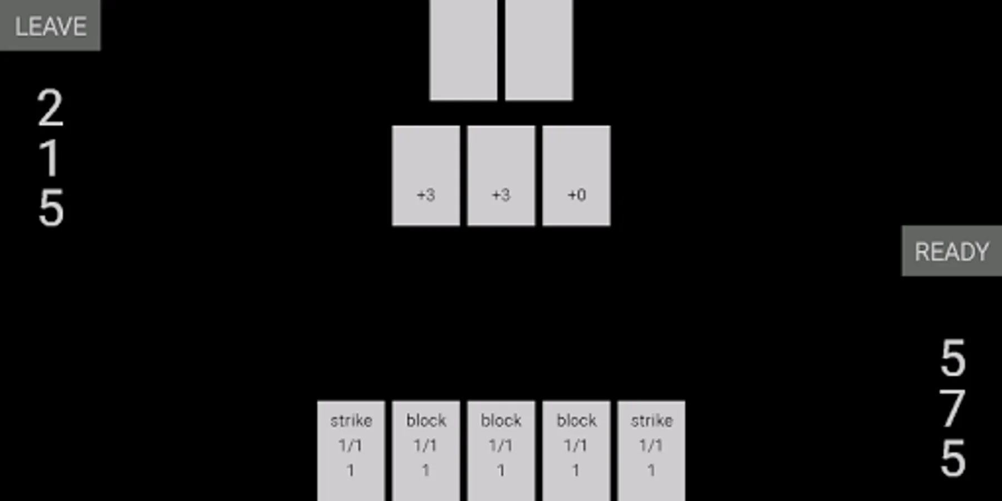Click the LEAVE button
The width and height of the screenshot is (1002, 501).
(x=50, y=26)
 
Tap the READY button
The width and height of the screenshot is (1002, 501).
(x=951, y=251)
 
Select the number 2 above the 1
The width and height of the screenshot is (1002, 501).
(x=50, y=108)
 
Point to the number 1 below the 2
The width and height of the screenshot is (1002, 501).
(x=50, y=158)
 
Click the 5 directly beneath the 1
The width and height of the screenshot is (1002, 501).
(x=51, y=208)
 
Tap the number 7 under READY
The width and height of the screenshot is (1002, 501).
(x=952, y=409)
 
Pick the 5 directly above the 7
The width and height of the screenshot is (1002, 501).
(x=952, y=358)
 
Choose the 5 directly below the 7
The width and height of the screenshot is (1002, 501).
(x=952, y=458)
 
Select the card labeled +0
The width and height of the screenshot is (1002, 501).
(x=576, y=175)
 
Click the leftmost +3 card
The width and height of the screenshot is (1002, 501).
(x=426, y=175)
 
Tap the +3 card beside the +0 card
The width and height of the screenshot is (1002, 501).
(x=501, y=175)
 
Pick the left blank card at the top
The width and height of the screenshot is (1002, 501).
(x=463, y=50)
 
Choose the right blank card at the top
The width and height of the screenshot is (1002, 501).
(x=538, y=50)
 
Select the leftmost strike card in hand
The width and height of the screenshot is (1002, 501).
(x=351, y=451)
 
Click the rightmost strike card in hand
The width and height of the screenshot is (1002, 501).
(x=651, y=451)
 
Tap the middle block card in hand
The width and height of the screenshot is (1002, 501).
(x=501, y=451)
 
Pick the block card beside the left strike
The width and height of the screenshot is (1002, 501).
(x=426, y=451)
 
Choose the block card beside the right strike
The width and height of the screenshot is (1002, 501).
(x=576, y=451)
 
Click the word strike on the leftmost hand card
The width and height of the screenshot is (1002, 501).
(x=351, y=421)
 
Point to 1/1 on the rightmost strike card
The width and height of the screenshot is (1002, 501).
(x=651, y=445)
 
